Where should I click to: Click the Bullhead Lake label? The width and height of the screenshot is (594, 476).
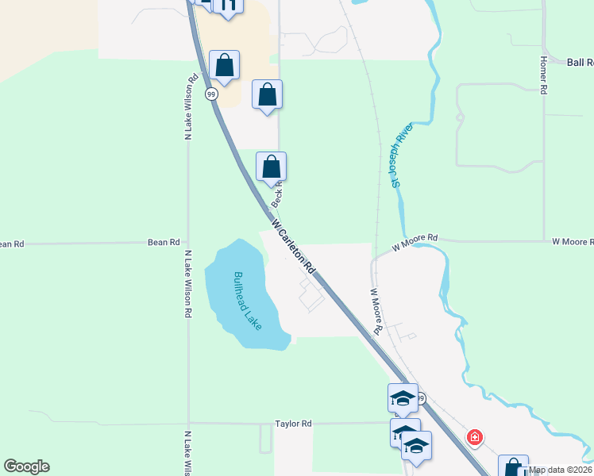tap(246, 301)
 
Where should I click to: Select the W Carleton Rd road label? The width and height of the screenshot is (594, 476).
tap(293, 247)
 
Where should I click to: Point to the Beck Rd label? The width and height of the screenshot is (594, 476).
tap(277, 194)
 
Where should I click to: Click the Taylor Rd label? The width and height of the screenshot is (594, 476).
tap(294, 424)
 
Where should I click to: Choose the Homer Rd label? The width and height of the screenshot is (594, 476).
tap(544, 75)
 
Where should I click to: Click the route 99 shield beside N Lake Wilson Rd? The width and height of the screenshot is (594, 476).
tap(211, 94)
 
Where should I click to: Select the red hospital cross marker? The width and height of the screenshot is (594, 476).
tap(475, 437)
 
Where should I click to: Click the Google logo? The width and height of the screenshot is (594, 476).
tap(26, 466)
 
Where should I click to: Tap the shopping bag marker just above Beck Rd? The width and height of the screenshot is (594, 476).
tap(271, 167)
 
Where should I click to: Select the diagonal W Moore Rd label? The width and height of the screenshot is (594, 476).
tap(376, 310)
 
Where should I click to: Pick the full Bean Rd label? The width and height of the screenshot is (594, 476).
tap(164, 242)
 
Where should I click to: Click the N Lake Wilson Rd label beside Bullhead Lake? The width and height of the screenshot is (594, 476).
tap(188, 284)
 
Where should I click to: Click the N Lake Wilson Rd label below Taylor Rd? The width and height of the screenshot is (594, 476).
tap(188, 454)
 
